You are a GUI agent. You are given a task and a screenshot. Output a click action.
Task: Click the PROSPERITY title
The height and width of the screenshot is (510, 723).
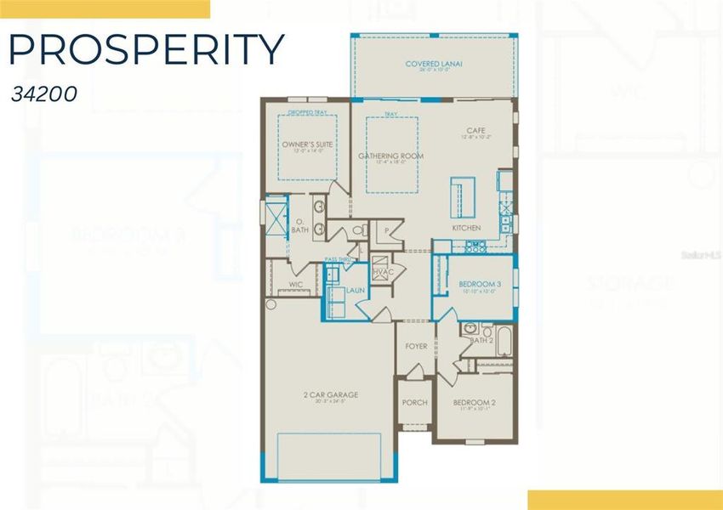pyautogui.click(x=145, y=50)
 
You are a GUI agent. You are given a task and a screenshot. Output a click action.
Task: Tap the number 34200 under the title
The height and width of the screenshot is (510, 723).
pyautogui.click(x=45, y=93)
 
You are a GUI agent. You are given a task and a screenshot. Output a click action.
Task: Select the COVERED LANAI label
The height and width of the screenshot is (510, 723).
pyautogui.click(x=433, y=64)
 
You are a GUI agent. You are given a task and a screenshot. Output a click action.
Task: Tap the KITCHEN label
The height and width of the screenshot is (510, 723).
pyautogui.click(x=466, y=228)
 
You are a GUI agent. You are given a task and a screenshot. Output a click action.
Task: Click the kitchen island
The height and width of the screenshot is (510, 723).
pyautogui.click(x=463, y=197)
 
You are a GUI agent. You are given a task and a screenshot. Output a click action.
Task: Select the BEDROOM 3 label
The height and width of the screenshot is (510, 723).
pyautogui.click(x=480, y=284)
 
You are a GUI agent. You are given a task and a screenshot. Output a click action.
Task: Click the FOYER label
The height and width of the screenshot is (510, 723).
pyautogui.click(x=416, y=347)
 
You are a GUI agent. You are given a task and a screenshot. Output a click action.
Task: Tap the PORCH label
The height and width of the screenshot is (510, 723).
pyautogui.click(x=414, y=403)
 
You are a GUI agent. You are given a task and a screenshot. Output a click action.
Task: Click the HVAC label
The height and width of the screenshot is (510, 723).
pyautogui.click(x=382, y=271)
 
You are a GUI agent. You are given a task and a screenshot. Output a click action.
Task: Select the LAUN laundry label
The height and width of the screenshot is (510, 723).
pyautogui.click(x=355, y=291)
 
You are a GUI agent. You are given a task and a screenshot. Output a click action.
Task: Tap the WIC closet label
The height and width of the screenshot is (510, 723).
pyautogui.click(x=296, y=285)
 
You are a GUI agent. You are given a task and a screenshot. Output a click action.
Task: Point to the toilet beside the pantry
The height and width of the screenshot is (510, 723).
pyautogui.click(x=358, y=229)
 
